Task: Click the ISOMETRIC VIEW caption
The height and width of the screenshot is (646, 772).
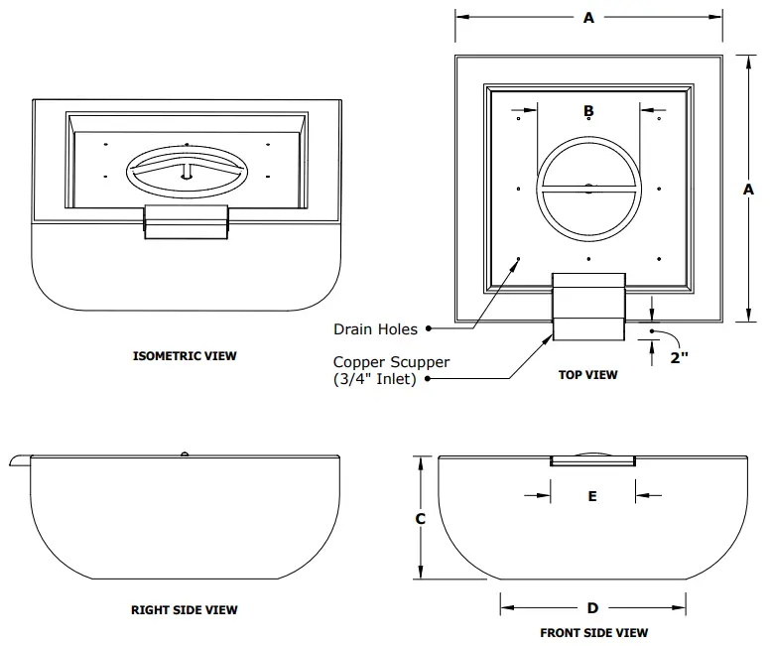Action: pos(185,355)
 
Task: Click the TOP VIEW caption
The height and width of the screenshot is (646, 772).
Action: pos(588,375)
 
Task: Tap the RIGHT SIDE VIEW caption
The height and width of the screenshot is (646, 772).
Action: pos(185,610)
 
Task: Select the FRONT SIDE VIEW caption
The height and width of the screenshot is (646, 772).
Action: pos(594,632)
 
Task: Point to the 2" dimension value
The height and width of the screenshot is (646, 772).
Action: pos(679,358)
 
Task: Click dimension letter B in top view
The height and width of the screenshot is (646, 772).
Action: pos(588,110)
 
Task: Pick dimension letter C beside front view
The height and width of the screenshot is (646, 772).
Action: pos(420,518)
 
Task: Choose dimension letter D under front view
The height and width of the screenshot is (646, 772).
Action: pos(592,608)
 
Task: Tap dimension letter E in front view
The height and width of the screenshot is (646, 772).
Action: pos(592,496)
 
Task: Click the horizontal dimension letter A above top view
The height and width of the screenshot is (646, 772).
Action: pos(588,18)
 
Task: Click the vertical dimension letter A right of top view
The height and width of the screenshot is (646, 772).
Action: pos(748,189)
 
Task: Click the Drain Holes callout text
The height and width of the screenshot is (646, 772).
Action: pos(375,329)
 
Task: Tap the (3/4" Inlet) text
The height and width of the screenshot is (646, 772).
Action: pos(375,380)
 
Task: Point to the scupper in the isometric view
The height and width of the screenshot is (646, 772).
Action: pos(188,221)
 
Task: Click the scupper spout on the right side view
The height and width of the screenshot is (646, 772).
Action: pos(21,457)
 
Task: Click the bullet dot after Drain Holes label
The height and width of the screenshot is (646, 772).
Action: pos(428,329)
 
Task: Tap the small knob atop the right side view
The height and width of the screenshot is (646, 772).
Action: pos(185,454)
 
